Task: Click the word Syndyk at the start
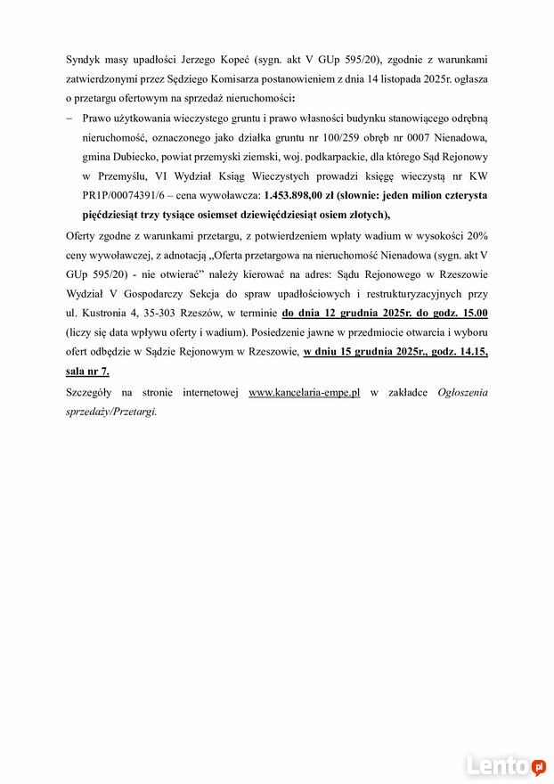point(85,59)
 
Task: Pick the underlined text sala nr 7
point(87,371)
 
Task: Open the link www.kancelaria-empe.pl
point(304,392)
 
